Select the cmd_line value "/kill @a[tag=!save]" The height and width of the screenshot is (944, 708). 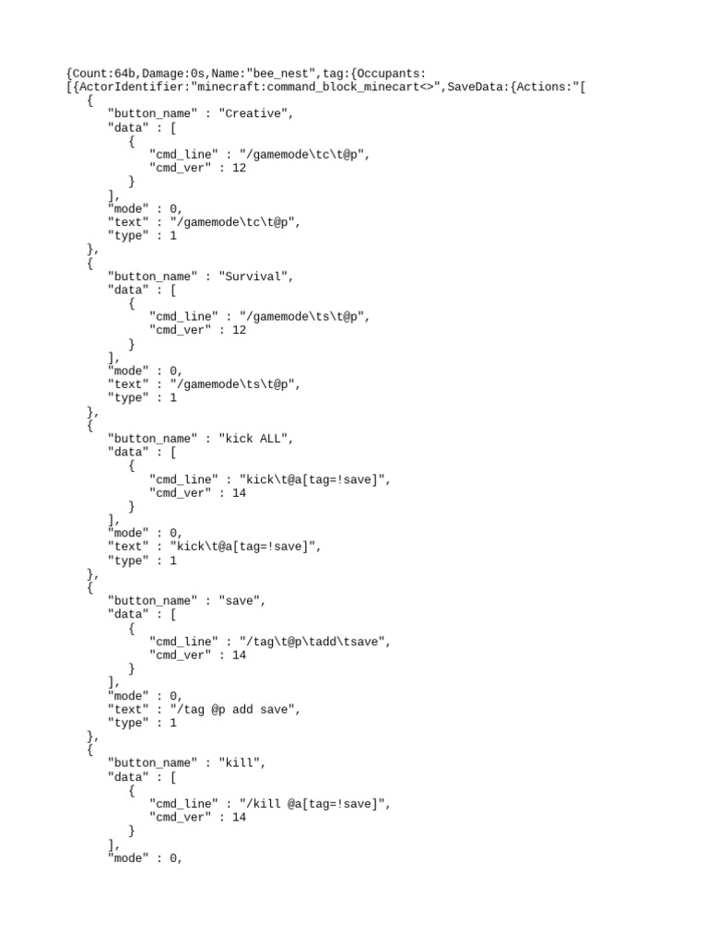pos(314,804)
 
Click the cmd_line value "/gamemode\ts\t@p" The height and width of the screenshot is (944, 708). pos(304,316)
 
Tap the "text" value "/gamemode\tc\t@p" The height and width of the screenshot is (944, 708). pos(238,222)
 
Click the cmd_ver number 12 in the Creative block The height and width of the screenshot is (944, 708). pos(239,168)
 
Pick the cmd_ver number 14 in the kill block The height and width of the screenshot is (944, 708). pos(239,817)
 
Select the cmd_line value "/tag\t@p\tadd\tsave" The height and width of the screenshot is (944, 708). pos(314,642)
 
